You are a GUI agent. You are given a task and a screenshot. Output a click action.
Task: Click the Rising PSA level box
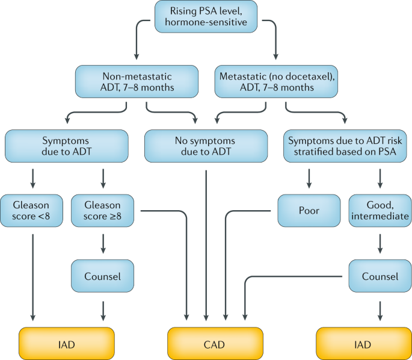pos(206,17)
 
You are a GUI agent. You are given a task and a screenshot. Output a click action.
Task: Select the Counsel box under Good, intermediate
pos(380,276)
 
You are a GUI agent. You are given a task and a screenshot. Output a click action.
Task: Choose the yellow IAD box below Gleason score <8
pos(67,344)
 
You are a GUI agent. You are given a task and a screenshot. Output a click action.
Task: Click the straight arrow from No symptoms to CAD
pos(206,241)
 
